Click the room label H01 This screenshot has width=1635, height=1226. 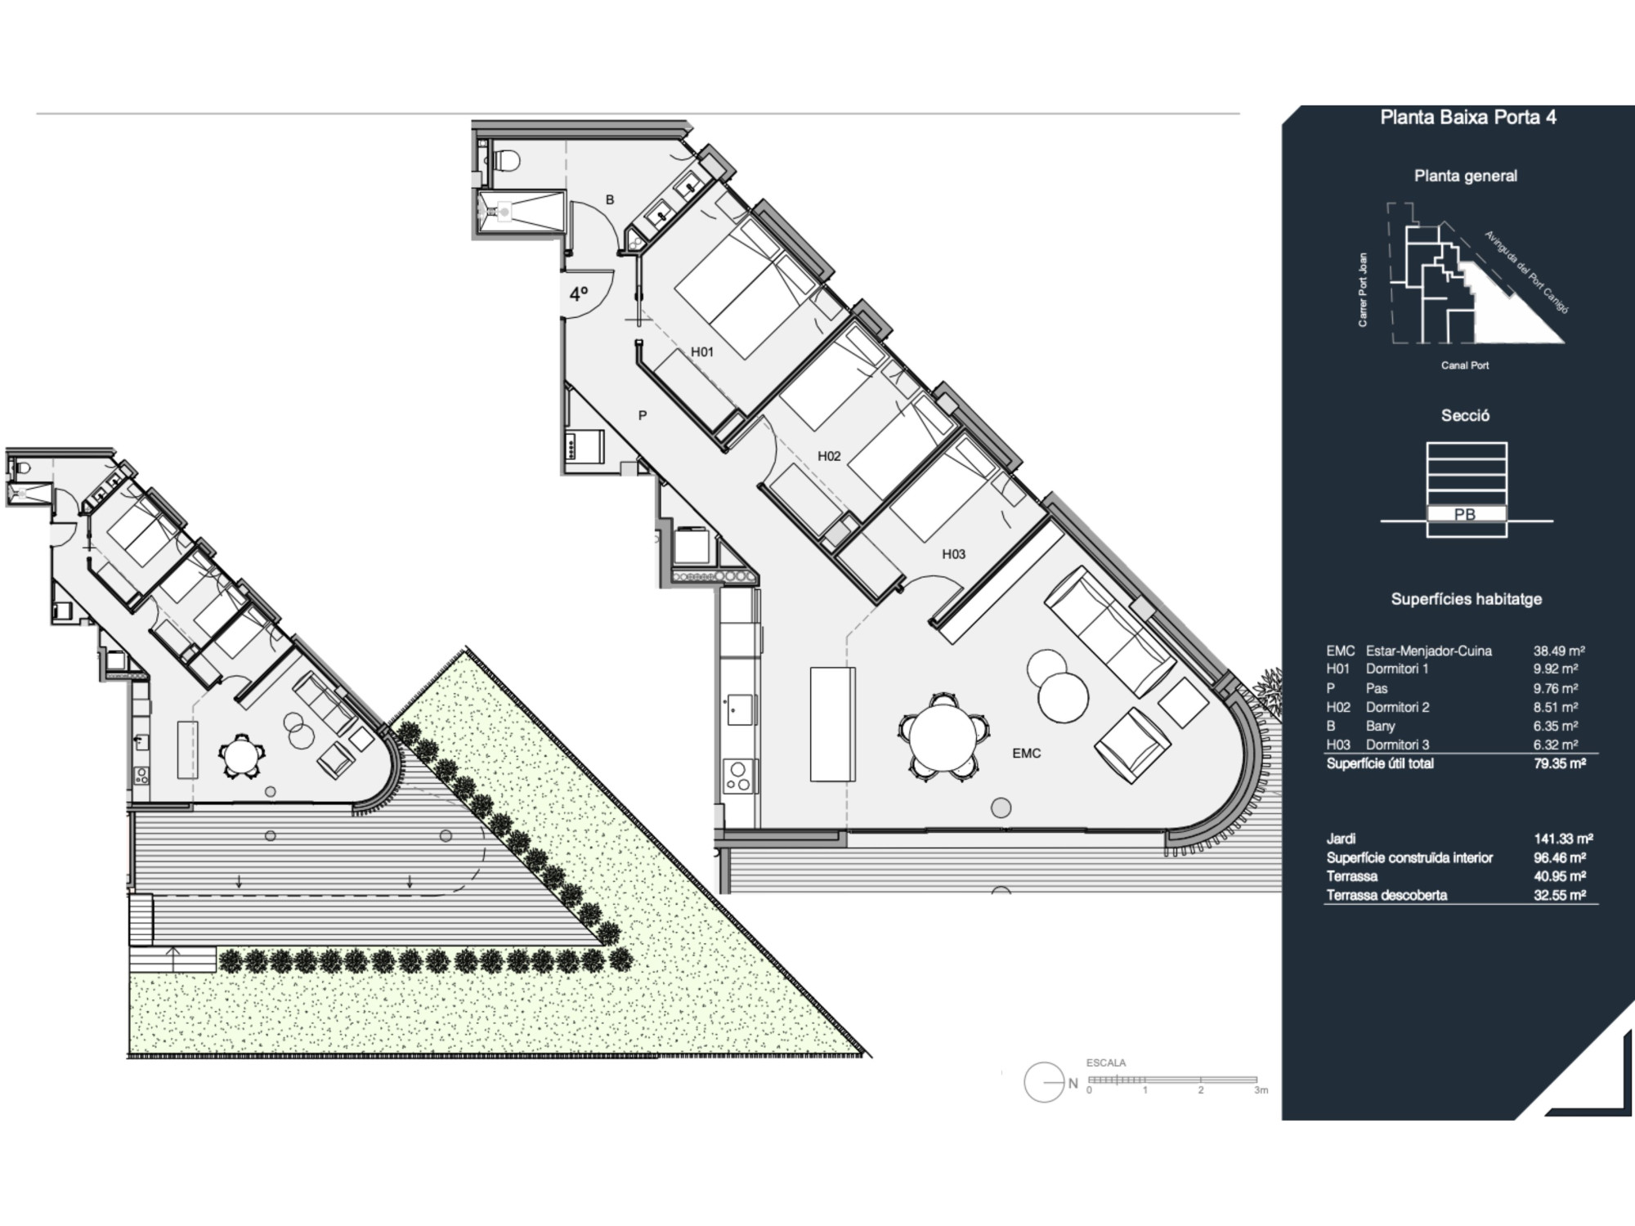point(702,352)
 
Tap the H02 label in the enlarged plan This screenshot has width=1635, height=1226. point(829,456)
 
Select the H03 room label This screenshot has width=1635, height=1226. point(953,554)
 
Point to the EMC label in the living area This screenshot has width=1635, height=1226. point(1027,754)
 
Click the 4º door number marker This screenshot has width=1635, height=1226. point(579,294)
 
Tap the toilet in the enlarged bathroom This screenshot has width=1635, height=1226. point(506,160)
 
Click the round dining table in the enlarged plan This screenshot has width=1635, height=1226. point(943,737)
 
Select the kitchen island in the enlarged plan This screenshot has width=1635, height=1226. point(833,724)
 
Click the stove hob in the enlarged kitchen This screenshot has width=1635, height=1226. point(740,776)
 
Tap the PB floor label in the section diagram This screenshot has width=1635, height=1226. point(1465,515)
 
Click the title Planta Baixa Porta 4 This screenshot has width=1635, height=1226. point(1468,117)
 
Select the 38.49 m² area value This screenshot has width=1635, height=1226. point(1559,651)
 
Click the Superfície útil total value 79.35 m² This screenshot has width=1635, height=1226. point(1560,763)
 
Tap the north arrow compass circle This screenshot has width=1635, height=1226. point(1044,1082)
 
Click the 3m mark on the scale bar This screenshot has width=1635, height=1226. point(1261,1090)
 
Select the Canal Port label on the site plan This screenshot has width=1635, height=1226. point(1465,365)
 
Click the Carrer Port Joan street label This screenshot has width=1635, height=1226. point(1363,290)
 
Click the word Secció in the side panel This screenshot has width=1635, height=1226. point(1465,416)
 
